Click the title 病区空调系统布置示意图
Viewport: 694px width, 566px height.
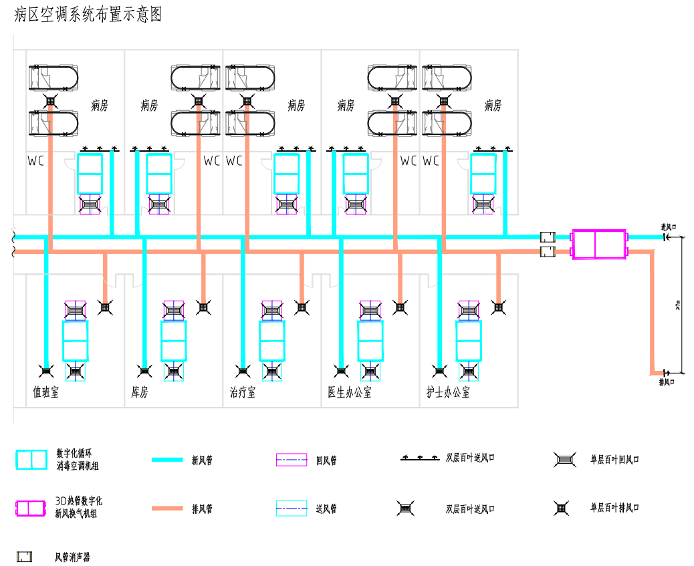tap(88, 15)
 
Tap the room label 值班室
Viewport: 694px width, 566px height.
tap(46, 392)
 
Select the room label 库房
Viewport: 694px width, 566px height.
tap(140, 392)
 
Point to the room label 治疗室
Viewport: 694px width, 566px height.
tap(243, 392)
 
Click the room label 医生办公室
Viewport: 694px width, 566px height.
tap(350, 392)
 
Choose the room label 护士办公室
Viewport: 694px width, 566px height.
tap(448, 392)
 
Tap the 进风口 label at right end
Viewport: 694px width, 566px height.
tap(669, 227)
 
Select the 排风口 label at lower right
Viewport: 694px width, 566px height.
tap(666, 382)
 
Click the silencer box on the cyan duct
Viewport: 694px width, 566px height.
tap(548, 237)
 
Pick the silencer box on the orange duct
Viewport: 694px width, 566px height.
tap(548, 252)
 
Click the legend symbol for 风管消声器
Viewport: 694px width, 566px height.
tap(24, 556)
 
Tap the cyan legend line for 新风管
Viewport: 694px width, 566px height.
tap(166, 460)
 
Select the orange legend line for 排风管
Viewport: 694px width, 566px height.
tap(166, 509)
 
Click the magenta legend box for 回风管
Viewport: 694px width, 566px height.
tap(292, 460)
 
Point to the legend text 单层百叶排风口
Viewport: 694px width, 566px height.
tap(614, 508)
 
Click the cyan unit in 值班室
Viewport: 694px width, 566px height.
tap(75, 341)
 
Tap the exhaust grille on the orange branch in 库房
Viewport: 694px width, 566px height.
tap(203, 307)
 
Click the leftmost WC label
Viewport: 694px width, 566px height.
tap(35, 161)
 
